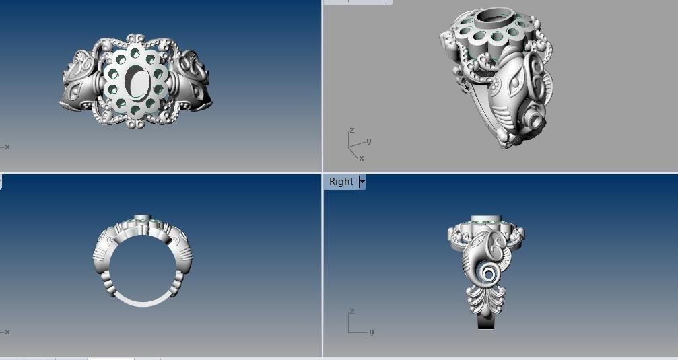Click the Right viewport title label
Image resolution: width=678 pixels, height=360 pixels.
pyautogui.click(x=341, y=182)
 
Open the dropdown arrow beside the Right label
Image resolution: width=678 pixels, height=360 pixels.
pyautogui.click(x=362, y=182)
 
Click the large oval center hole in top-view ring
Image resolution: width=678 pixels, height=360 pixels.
pyautogui.click(x=137, y=82)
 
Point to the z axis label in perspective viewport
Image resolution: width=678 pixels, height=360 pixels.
pyautogui.click(x=351, y=130)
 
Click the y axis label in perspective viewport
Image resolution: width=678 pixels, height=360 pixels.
pyautogui.click(x=368, y=141)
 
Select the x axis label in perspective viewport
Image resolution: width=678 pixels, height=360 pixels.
pyautogui.click(x=361, y=158)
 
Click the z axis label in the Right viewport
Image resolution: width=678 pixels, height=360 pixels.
pyautogui.click(x=351, y=312)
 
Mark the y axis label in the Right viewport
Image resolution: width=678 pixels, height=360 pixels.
pyautogui.click(x=371, y=332)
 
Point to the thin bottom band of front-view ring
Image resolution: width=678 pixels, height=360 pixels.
pyautogui.click(x=143, y=302)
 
